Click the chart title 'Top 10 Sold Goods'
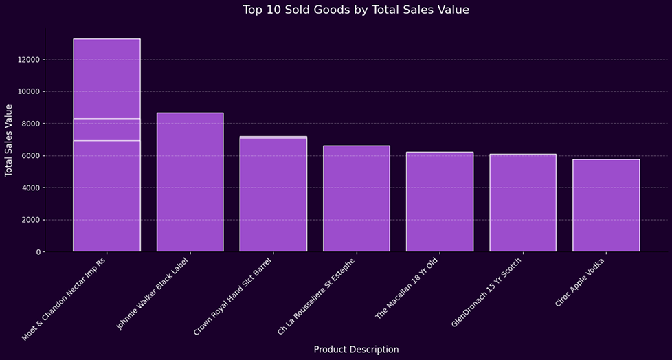(x=356, y=10)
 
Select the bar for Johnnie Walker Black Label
(x=190, y=182)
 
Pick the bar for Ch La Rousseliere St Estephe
(x=357, y=199)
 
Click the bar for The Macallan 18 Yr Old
(x=440, y=202)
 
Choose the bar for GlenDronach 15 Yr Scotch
(x=523, y=203)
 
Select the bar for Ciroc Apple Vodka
(x=606, y=205)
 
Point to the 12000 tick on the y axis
(x=27, y=60)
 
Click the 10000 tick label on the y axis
(x=27, y=91)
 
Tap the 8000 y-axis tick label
(x=30, y=124)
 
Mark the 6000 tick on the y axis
(x=30, y=156)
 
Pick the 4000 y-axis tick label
(x=30, y=188)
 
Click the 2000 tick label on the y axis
(x=30, y=220)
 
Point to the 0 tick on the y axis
(x=38, y=252)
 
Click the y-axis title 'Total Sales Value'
(x=10, y=140)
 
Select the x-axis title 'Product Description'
(x=356, y=349)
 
